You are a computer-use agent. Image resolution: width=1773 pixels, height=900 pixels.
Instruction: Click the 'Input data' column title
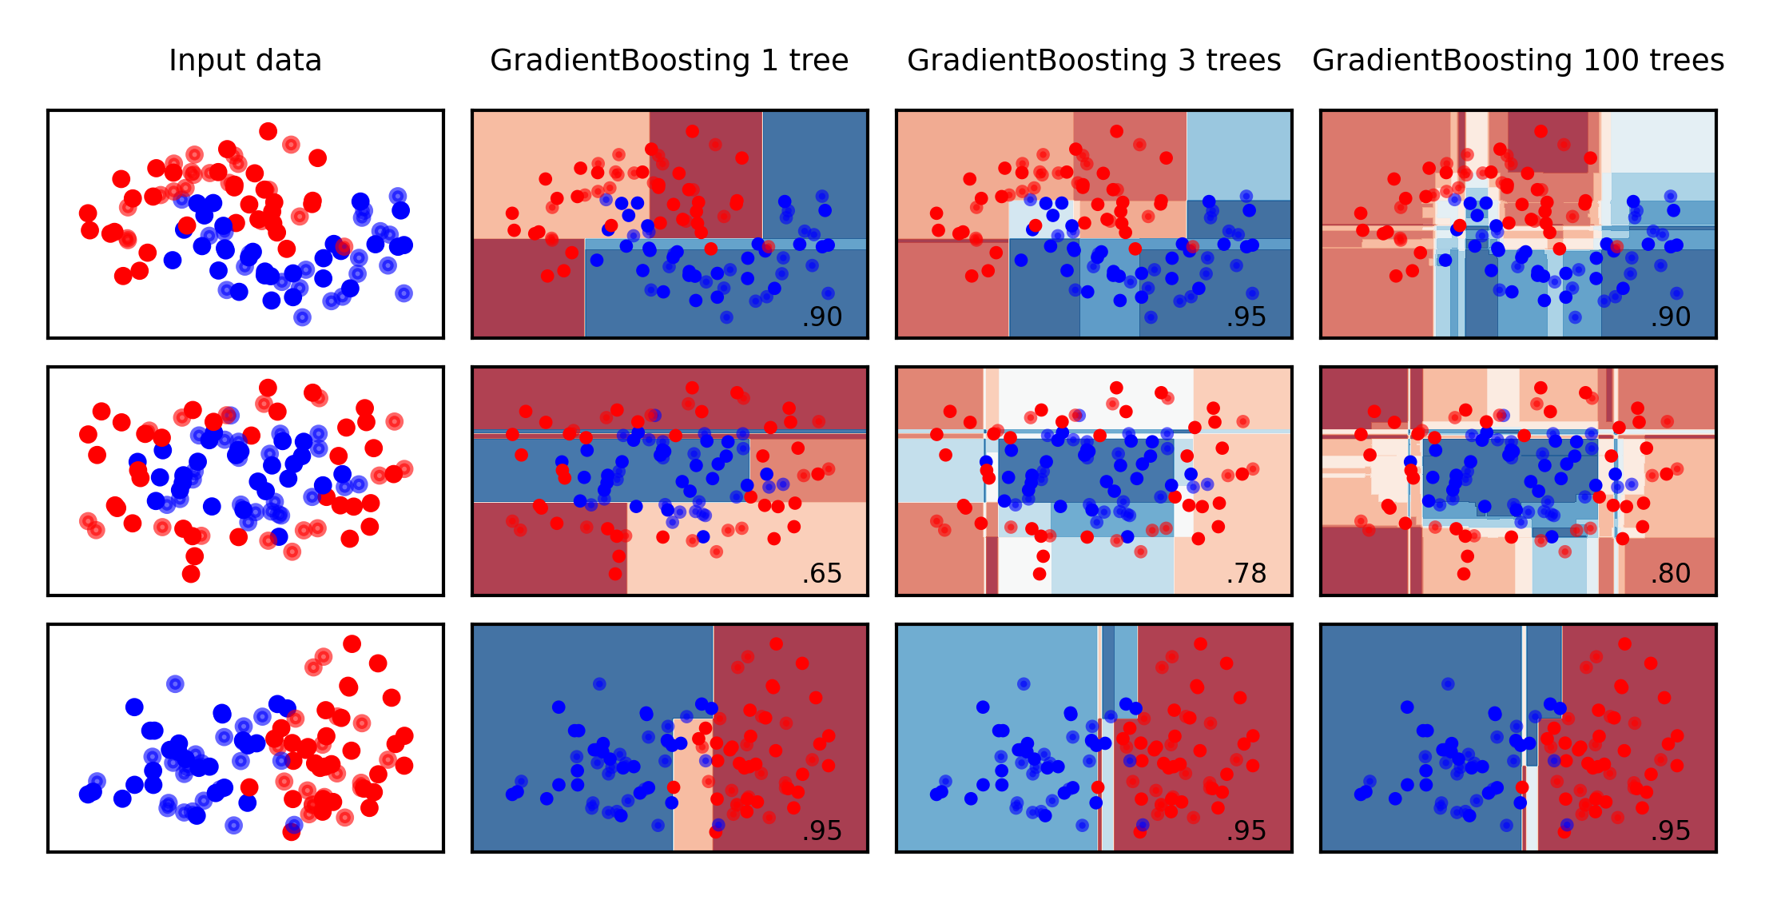pyautogui.click(x=245, y=61)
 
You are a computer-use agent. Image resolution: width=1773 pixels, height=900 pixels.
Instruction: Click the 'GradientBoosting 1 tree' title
pyautogui.click(x=669, y=61)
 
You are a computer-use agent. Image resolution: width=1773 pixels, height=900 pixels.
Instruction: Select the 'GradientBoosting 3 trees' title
pyautogui.click(x=1093, y=61)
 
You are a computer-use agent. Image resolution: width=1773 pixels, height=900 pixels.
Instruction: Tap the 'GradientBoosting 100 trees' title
pyautogui.click(x=1517, y=61)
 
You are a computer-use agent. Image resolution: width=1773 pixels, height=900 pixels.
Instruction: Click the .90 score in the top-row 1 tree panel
pyautogui.click(x=822, y=317)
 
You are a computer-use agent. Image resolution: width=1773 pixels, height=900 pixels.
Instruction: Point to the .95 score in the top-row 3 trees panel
pyautogui.click(x=1246, y=317)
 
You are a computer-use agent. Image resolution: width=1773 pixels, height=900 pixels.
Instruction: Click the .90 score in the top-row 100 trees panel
pyautogui.click(x=1671, y=317)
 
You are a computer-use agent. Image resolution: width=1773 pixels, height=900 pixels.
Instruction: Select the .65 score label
pyautogui.click(x=822, y=574)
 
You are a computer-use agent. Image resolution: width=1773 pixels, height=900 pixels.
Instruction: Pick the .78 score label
pyautogui.click(x=1246, y=574)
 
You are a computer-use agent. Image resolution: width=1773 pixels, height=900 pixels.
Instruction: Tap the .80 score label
pyautogui.click(x=1671, y=574)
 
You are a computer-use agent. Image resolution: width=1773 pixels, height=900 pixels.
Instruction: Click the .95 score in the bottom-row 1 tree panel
pyautogui.click(x=822, y=831)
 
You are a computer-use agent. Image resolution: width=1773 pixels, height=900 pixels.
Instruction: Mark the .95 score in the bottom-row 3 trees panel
pyautogui.click(x=1246, y=831)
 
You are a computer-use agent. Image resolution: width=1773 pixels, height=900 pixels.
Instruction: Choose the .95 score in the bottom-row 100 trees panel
pyautogui.click(x=1671, y=831)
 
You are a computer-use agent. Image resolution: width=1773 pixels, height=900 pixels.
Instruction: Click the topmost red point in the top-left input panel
pyautogui.click(x=268, y=131)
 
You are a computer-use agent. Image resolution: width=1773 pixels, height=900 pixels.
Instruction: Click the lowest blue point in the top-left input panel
pyautogui.click(x=302, y=317)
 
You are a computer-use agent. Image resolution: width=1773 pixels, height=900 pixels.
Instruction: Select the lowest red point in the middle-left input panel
pyautogui.click(x=191, y=574)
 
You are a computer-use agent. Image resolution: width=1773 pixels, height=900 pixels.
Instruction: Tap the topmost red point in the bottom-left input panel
pyautogui.click(x=352, y=643)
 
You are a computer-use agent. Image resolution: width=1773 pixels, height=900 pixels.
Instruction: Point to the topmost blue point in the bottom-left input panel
pyautogui.click(x=175, y=683)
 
